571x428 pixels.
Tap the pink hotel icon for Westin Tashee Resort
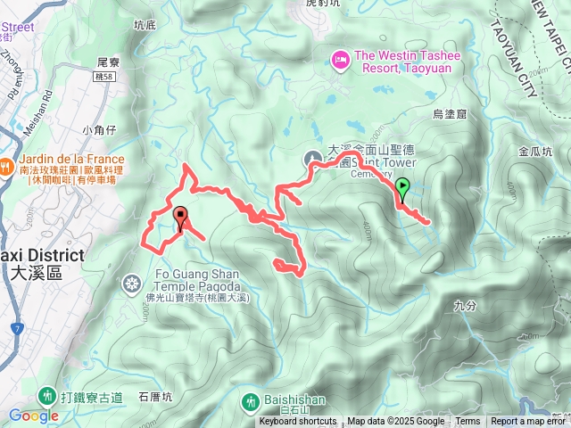tap(341, 61)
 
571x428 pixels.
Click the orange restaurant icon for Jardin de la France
tap(6, 165)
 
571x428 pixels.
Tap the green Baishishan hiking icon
tap(249, 403)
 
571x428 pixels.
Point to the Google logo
tap(33, 416)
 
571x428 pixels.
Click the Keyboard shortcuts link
tap(298, 422)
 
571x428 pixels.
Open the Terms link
tap(468, 422)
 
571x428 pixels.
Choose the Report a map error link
tap(530, 422)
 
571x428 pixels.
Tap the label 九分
tap(466, 305)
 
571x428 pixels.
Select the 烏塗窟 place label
tap(450, 114)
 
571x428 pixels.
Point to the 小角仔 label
tap(99, 130)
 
